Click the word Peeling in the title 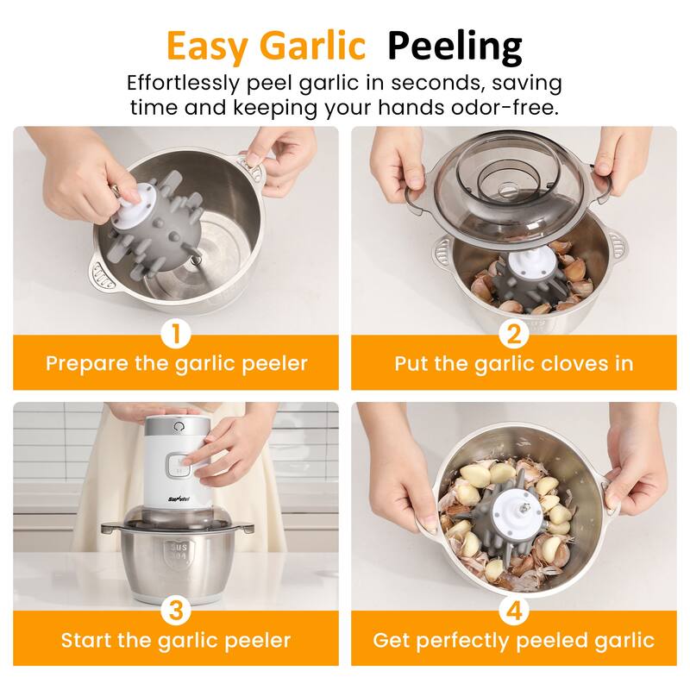click(x=455, y=47)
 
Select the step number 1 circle click(x=176, y=335)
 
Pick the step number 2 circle click(x=514, y=335)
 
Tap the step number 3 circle click(x=176, y=611)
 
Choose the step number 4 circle click(x=514, y=611)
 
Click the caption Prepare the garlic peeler click(x=177, y=364)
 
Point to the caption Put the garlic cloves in click(x=513, y=364)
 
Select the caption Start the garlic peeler click(x=176, y=641)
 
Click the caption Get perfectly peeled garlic click(x=513, y=641)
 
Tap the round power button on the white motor click(x=179, y=427)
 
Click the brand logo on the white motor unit click(x=179, y=499)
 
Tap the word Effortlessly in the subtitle click(x=183, y=84)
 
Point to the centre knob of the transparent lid click(x=508, y=190)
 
